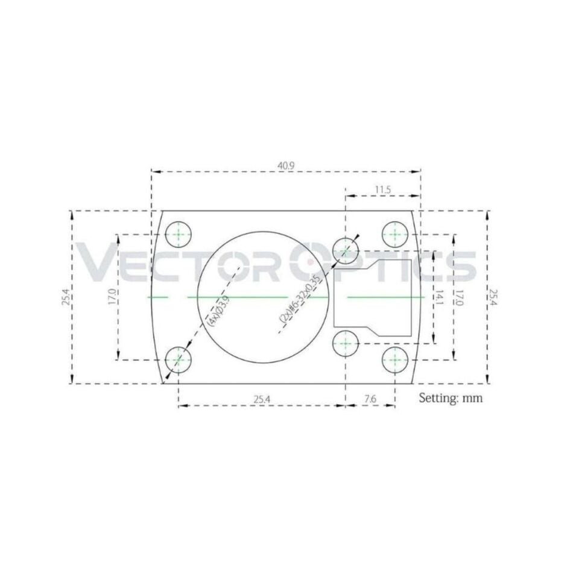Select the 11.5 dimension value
pyautogui.click(x=382, y=189)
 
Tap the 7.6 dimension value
pyautogui.click(x=370, y=399)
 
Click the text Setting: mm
pyautogui.click(x=451, y=398)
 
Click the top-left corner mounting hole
pyautogui.click(x=179, y=234)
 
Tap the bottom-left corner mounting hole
pyautogui.click(x=179, y=359)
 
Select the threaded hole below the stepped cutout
pyautogui.click(x=345, y=343)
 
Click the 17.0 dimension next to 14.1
pyautogui.click(x=460, y=297)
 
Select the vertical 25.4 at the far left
pyautogui.click(x=66, y=297)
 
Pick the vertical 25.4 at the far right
pyautogui.click(x=494, y=297)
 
